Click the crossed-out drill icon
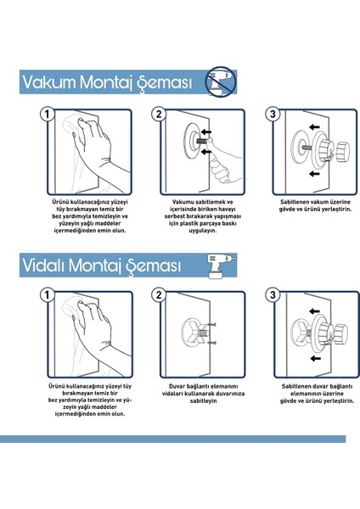222,81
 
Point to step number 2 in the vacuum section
159,114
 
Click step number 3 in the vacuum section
272,114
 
